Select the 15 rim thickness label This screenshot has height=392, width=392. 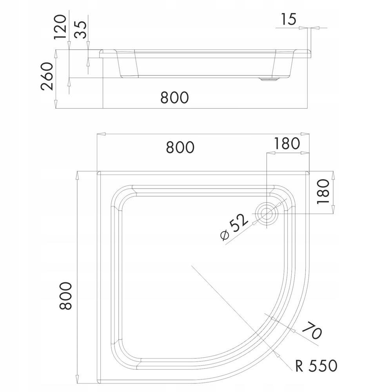(x=289, y=19)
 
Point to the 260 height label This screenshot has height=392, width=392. (x=47, y=76)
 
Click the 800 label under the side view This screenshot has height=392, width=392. (x=174, y=97)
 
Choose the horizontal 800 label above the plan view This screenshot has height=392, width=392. (x=180, y=147)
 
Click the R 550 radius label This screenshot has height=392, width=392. (x=317, y=366)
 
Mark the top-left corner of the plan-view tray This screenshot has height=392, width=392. (x=98, y=172)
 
